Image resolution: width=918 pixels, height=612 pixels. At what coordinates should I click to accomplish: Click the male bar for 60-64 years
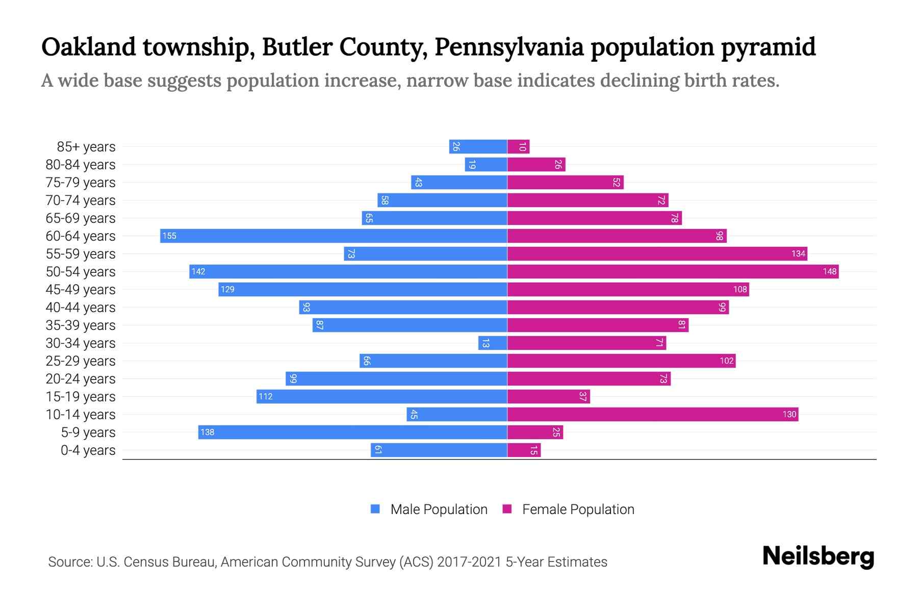pyautogui.click(x=334, y=236)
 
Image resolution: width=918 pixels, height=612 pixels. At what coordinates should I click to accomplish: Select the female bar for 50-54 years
pyautogui.click(x=673, y=271)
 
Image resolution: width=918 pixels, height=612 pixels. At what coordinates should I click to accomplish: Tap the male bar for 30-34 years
pyautogui.click(x=493, y=343)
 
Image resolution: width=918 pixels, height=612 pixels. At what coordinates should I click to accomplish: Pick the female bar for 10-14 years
pyautogui.click(x=653, y=414)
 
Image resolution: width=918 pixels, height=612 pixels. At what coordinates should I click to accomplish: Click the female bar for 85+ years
pyautogui.click(x=519, y=147)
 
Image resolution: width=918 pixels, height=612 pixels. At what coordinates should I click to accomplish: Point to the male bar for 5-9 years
pyautogui.click(x=352, y=432)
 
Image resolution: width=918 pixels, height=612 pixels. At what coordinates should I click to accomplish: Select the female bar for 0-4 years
pyautogui.click(x=524, y=450)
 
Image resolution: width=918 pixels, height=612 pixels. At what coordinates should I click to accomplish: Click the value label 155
pyautogui.click(x=169, y=236)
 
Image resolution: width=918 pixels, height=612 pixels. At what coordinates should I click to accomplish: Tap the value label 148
pyautogui.click(x=829, y=271)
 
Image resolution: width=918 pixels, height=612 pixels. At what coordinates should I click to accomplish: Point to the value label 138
pyautogui.click(x=207, y=432)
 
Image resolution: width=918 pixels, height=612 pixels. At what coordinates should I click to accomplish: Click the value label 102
pyautogui.click(x=726, y=361)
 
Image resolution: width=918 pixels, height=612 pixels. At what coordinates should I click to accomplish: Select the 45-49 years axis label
pyautogui.click(x=81, y=290)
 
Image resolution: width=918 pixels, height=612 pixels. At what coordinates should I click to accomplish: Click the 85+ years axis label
pyautogui.click(x=86, y=147)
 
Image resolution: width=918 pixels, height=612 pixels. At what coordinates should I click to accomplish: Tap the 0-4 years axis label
pyautogui.click(x=88, y=450)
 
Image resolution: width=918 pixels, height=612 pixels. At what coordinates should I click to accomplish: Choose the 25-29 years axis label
pyautogui.click(x=81, y=361)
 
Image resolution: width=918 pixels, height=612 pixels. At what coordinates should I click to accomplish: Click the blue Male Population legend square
pyautogui.click(x=375, y=509)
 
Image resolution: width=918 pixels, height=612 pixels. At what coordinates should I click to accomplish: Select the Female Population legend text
pyautogui.click(x=578, y=509)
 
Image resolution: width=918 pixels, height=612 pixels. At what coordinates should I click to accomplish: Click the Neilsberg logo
pyautogui.click(x=818, y=556)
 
